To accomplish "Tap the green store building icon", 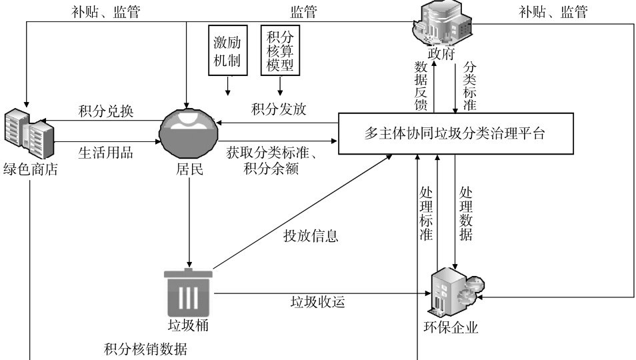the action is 29,133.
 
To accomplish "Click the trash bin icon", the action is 188,292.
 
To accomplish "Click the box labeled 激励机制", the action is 227,50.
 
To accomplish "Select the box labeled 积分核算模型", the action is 280,50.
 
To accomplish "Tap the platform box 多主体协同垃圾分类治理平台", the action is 455,133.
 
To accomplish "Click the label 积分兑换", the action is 106,111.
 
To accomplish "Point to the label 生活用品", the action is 105,153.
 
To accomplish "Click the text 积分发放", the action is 279,109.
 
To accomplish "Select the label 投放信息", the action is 311,235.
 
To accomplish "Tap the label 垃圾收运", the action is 317,301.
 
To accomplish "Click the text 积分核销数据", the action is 145,349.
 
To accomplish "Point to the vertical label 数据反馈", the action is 421,85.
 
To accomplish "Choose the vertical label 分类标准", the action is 469,85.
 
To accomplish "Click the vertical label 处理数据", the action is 465,213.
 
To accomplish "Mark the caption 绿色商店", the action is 31,169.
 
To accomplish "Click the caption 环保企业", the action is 451,327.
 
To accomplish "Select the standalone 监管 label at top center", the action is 303,11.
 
